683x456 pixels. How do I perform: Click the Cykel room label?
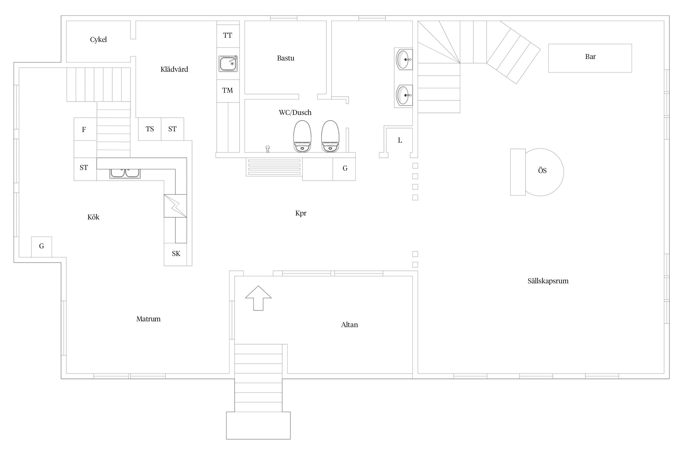98,40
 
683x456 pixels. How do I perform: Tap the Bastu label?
286,58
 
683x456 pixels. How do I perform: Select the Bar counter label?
590,57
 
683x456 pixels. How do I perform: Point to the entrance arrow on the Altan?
258,298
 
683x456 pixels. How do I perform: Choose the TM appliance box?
228,91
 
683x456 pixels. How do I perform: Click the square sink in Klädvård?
228,64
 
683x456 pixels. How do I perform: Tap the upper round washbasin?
404,59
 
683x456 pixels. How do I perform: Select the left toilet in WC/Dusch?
302,136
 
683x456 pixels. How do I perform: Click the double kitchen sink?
125,173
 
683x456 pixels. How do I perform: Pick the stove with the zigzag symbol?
175,206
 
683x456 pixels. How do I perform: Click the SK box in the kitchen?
175,254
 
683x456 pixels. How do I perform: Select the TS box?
150,129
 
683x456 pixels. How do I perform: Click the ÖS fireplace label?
542,171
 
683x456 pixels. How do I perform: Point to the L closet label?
400,140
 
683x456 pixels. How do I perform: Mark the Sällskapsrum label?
548,281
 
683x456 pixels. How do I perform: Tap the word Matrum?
148,319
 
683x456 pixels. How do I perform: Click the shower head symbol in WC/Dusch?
267,149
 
